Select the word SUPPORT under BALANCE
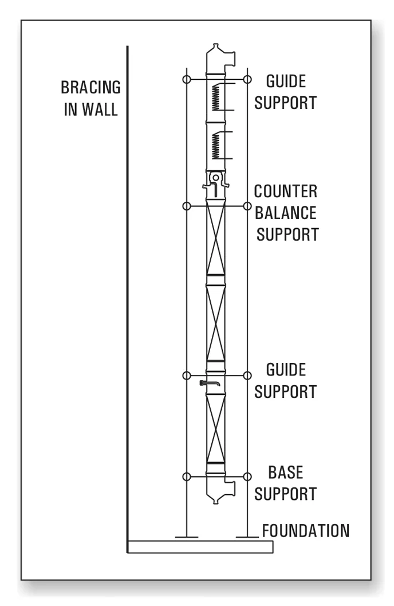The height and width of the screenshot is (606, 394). [287, 234]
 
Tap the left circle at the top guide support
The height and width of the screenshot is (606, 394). [185, 79]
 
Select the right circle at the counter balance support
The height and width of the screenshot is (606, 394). [247, 206]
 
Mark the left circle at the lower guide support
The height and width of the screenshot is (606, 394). [185, 375]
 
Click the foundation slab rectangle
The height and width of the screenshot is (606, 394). [200, 546]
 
